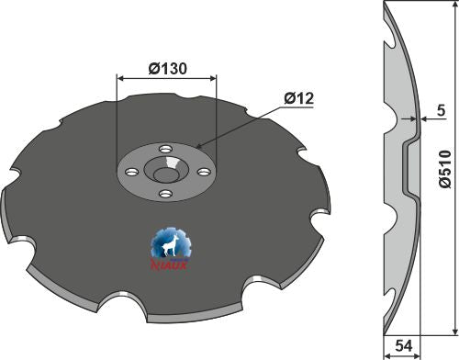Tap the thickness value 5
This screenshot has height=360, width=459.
pos(442,111)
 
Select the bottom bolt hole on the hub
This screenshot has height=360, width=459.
pos(166,194)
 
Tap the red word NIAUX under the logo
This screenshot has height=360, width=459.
pos(170,267)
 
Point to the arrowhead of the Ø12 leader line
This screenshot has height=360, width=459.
pos(196,146)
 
